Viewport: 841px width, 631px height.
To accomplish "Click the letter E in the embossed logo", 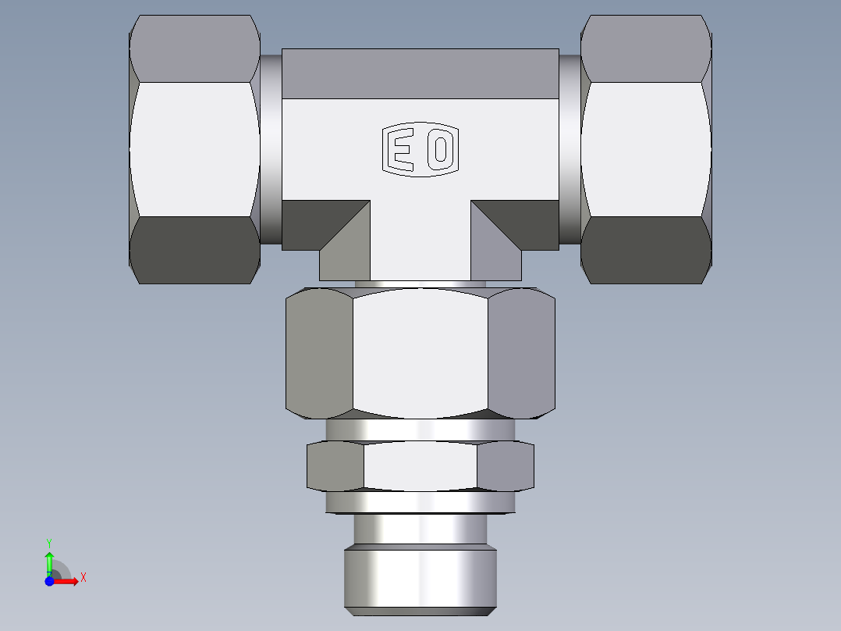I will pyautogui.click(x=402, y=149).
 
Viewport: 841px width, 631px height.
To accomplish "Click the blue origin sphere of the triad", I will pyautogui.click(x=49, y=581).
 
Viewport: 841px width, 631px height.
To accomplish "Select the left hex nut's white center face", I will pyautogui.click(x=194, y=148).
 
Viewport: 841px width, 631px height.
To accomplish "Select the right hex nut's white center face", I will pyautogui.click(x=645, y=148).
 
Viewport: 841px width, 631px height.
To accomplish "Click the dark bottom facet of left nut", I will pyautogui.click(x=194, y=250).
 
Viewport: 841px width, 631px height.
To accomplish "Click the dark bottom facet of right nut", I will pyautogui.click(x=645, y=250).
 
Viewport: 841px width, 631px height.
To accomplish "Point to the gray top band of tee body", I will pyautogui.click(x=420, y=73).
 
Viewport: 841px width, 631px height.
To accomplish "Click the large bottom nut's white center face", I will pyautogui.click(x=420, y=351).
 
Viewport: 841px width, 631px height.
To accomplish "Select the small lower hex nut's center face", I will pyautogui.click(x=420, y=466).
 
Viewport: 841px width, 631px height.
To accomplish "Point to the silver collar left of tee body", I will pyautogui.click(x=270, y=148).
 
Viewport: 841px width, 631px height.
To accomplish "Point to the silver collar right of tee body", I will pyautogui.click(x=570, y=148).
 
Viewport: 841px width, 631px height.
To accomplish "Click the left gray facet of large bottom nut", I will pyautogui.click(x=320, y=351).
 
